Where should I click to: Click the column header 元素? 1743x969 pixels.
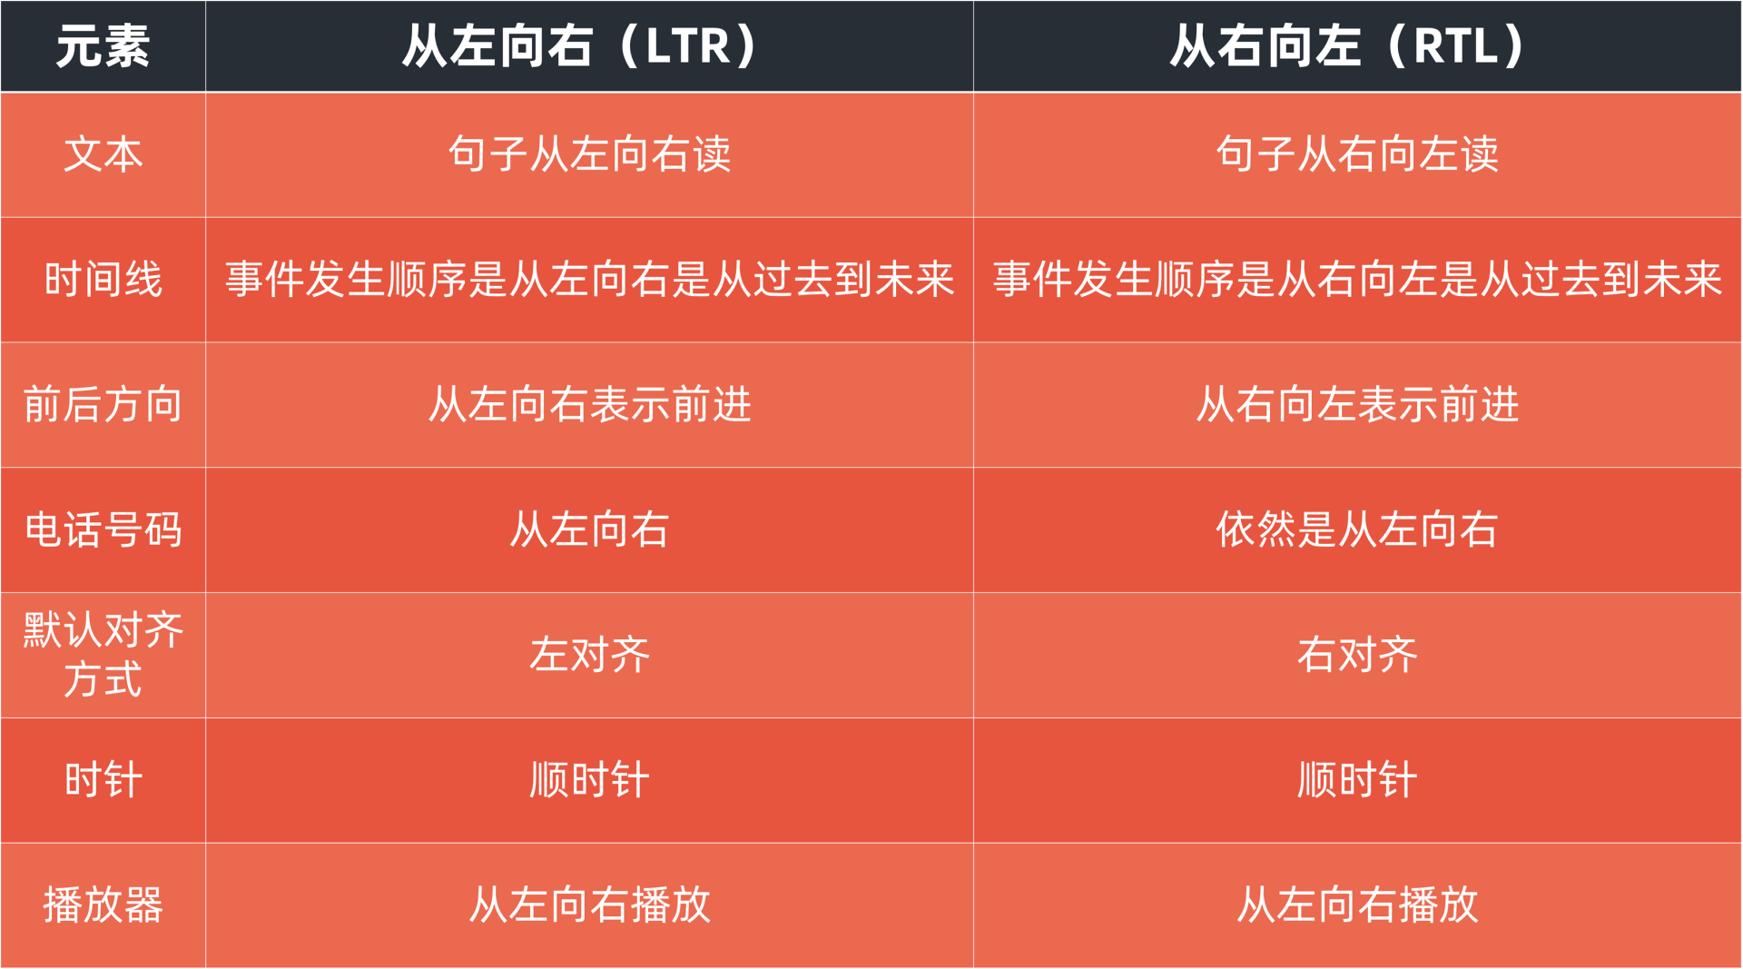[103, 45]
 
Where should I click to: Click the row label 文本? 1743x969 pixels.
[103, 153]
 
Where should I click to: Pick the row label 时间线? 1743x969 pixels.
[103, 279]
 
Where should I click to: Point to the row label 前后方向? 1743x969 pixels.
[103, 404]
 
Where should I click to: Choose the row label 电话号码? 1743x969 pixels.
[103, 529]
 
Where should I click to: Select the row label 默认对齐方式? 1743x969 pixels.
[103, 655]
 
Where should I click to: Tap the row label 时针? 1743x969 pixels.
[103, 780]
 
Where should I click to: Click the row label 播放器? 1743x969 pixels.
[103, 905]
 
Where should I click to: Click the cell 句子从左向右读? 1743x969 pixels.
[589, 153]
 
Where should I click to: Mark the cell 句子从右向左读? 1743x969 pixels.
[1357, 153]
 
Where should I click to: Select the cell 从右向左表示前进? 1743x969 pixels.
[1357, 404]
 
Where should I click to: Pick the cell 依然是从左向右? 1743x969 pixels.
[1357, 529]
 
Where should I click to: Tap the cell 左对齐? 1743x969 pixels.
[589, 655]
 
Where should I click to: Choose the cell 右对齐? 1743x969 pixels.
[1357, 655]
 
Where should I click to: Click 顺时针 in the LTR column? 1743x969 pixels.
[589, 780]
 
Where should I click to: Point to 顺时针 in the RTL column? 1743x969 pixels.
[1357, 780]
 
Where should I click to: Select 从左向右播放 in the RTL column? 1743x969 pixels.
[1357, 905]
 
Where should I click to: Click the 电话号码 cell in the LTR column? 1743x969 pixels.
[589, 529]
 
